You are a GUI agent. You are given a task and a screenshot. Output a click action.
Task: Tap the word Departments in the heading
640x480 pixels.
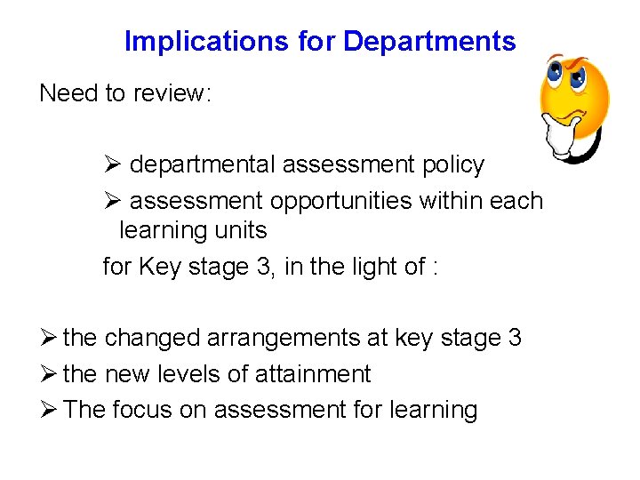point(429,42)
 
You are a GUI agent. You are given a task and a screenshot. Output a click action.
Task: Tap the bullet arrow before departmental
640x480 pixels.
point(111,165)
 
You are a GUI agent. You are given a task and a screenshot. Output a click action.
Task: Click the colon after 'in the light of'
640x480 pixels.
point(434,268)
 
